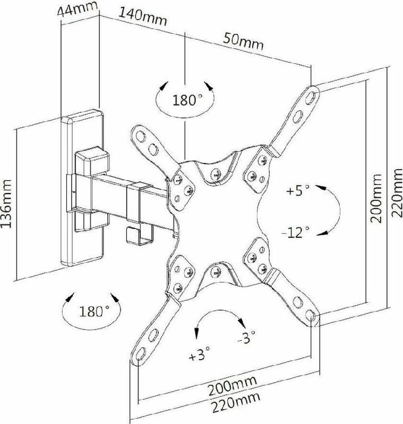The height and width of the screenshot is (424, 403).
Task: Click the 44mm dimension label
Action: point(78,10)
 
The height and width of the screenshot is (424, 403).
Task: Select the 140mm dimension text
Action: point(143,16)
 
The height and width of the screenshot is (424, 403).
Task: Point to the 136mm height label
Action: point(6,204)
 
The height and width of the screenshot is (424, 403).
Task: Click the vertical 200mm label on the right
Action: point(375,198)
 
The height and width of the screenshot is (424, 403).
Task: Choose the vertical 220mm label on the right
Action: point(397,193)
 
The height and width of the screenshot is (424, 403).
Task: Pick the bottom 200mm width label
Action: point(232,386)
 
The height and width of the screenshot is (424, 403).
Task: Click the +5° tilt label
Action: point(298,190)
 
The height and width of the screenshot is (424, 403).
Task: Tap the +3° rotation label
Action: point(199,354)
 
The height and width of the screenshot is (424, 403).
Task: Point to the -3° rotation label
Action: point(246,337)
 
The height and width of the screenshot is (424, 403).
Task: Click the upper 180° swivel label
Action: point(187,100)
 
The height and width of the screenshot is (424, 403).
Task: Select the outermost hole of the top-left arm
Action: point(140,137)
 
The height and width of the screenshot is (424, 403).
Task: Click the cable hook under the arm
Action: point(140,236)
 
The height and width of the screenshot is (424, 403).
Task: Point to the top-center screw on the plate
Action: point(216,173)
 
